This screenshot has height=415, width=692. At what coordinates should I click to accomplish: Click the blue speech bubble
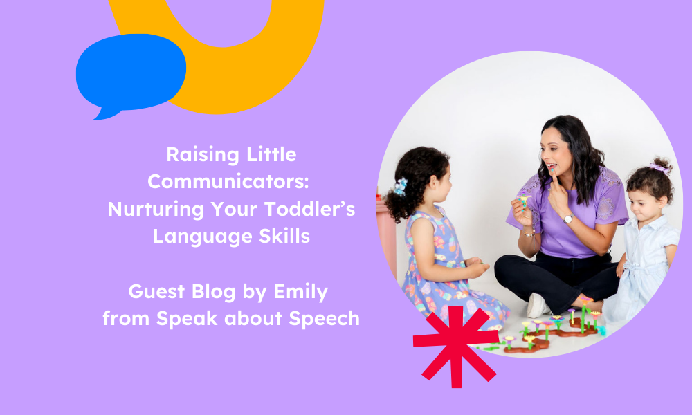pyautogui.click(x=131, y=73)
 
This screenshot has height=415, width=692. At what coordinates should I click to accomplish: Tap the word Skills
pyautogui.click(x=286, y=236)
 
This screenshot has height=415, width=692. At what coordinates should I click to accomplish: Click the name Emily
pyautogui.click(x=303, y=291)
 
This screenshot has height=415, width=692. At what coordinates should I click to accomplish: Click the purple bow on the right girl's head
pyautogui.click(x=659, y=167)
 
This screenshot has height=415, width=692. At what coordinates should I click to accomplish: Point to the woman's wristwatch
pyautogui.click(x=567, y=219)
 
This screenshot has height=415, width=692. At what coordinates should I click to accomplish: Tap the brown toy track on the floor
pyautogui.click(x=547, y=339)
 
